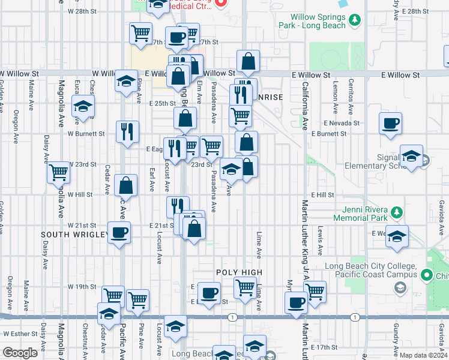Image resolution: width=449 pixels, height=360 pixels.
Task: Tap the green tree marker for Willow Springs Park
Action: click(x=355, y=21)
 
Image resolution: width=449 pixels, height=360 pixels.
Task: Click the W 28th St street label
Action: click(x=82, y=11)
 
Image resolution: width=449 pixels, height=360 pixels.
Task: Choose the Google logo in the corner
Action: click(x=20, y=353)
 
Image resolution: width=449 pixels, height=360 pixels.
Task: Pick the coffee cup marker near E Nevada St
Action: click(x=390, y=124)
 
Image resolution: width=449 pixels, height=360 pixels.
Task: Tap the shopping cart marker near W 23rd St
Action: click(x=59, y=173)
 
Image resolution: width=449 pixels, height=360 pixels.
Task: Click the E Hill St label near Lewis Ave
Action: click(x=322, y=195)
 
